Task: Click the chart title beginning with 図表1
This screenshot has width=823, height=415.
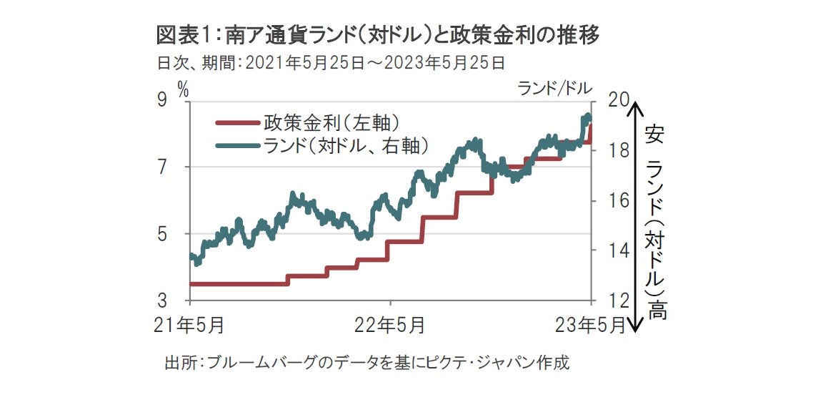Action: (x=379, y=34)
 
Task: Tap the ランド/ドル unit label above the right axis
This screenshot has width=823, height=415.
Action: (x=555, y=88)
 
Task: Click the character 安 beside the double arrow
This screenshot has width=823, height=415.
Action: (x=654, y=133)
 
